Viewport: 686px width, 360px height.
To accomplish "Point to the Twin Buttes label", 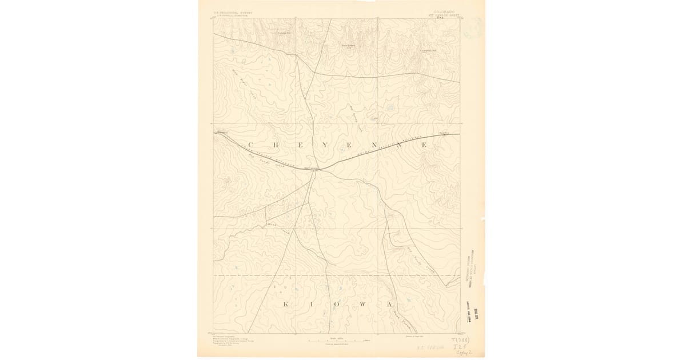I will (348, 45).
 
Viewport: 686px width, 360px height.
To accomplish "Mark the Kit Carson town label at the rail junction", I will (312, 168).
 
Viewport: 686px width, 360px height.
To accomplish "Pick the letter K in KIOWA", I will (285, 304).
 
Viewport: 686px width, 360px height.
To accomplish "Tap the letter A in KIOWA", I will (389, 304).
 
